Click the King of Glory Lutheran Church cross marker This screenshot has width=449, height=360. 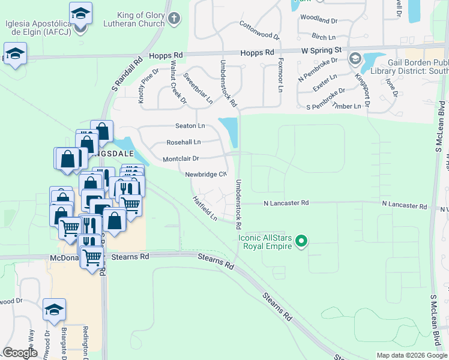174,18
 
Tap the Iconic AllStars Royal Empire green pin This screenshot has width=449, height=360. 303,242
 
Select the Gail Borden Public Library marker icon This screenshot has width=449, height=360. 355,59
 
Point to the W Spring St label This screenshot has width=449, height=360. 321,50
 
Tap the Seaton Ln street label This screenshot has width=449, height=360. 190,125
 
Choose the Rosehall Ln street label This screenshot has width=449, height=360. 184,142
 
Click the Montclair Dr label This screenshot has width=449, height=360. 181,158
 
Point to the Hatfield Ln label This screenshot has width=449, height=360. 205,208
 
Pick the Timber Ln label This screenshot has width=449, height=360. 349,106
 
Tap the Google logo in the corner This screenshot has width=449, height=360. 20,353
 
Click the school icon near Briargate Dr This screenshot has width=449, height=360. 54,310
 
